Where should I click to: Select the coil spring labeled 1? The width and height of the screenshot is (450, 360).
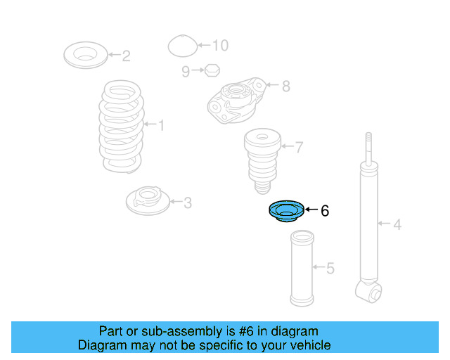click(x=121, y=127)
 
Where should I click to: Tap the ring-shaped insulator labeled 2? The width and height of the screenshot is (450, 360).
click(x=86, y=55)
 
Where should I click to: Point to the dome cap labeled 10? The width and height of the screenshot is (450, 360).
click(x=181, y=46)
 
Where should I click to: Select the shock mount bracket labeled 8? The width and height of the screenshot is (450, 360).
click(x=236, y=101)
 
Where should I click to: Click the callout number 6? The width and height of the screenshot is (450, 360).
click(x=324, y=210)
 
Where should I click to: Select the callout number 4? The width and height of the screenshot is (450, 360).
click(x=397, y=225)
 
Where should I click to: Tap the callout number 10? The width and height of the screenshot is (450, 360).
click(x=220, y=46)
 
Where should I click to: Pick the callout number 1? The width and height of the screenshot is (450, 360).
click(x=161, y=126)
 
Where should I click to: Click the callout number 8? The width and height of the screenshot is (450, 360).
click(x=285, y=86)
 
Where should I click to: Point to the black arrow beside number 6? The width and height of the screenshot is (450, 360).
click(x=311, y=210)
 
